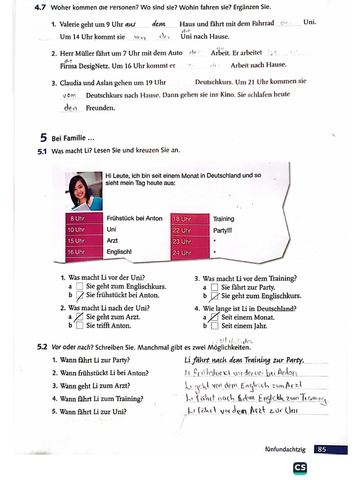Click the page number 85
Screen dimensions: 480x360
coord(322,449)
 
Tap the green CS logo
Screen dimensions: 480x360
coord(300,468)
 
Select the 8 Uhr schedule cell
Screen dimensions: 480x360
coord(84,218)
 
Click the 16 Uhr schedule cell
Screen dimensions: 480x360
coord(84,252)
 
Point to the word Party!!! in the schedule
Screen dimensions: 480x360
coord(223,230)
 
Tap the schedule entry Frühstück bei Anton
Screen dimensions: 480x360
coord(135,218)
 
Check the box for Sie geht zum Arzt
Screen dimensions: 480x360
coord(79,317)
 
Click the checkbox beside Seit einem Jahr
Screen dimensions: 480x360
coord(214,325)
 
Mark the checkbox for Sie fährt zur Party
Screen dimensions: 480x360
coord(214,287)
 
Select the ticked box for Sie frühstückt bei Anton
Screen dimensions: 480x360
coord(79,295)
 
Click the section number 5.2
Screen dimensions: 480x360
coord(42,347)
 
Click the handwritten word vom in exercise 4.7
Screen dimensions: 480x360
coord(69,95)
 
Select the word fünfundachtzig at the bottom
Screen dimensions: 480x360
coord(285,450)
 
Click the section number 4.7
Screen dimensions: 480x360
coord(41,7)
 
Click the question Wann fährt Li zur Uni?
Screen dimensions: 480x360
coord(93,412)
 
